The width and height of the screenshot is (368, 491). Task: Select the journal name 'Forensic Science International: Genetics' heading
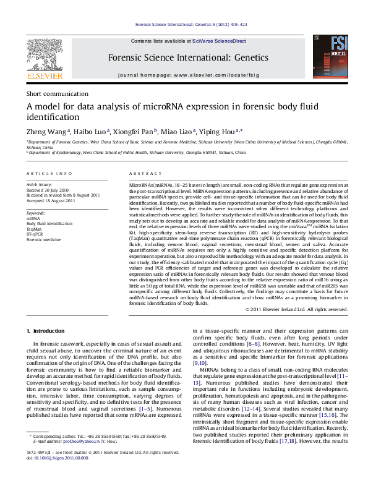click(x=189, y=58)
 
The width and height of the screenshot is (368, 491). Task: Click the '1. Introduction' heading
click(x=47, y=331)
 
